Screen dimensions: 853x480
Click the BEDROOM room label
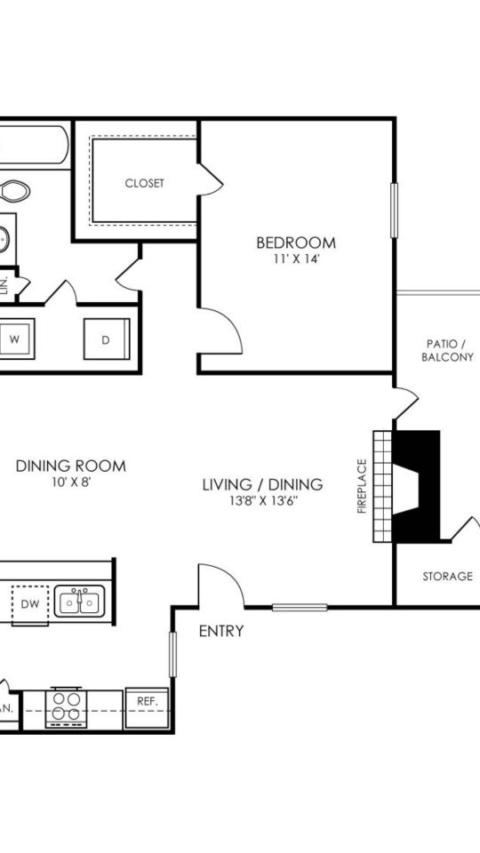coord(296,243)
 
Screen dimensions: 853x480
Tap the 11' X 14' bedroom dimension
coord(296,260)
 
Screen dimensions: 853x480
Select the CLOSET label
coord(144,183)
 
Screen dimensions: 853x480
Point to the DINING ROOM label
coord(71,466)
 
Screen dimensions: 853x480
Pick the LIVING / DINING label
coord(262,484)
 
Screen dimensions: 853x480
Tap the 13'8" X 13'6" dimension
coord(262,500)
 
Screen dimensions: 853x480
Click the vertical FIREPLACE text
coord(362,486)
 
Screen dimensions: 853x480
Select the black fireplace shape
coord(416,485)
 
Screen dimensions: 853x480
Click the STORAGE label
coord(447,576)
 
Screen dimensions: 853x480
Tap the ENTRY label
coord(221,632)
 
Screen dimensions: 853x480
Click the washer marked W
coord(16,339)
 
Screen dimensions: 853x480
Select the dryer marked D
coord(106,339)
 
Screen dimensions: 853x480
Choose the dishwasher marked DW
coord(28,603)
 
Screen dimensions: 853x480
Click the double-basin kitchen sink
coord(80,602)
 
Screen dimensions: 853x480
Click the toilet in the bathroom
coord(13,190)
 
